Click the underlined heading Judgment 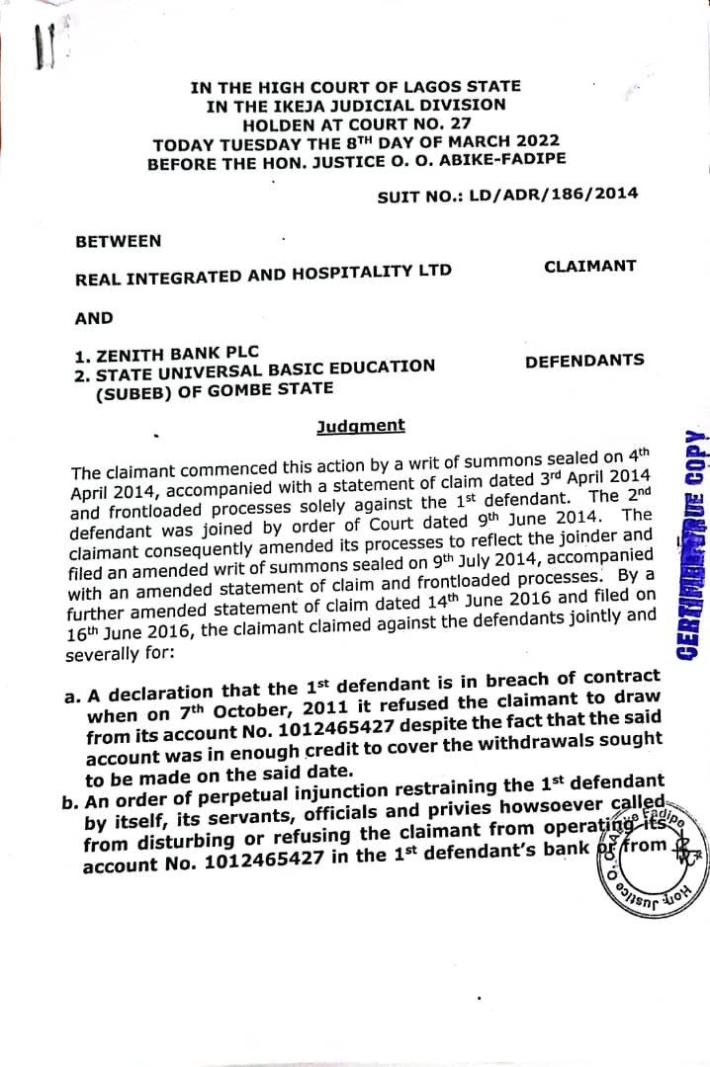coord(360,426)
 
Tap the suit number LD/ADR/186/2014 coord(554,195)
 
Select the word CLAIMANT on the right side coord(590,266)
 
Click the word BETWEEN coord(118,240)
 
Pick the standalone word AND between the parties coord(94,319)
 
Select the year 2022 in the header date coord(534,141)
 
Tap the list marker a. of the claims coord(72,696)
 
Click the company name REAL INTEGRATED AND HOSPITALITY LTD coord(263,274)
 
